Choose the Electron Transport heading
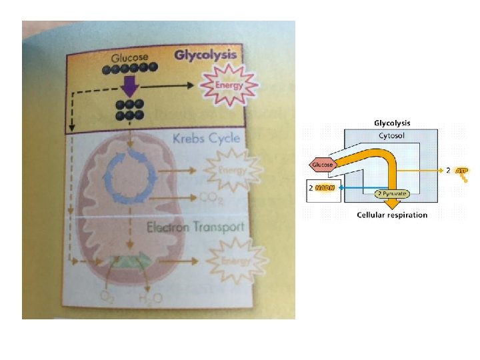coord(195,227)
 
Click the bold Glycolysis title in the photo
coord(205,55)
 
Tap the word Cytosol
coord(391,136)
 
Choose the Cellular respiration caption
coord(392,215)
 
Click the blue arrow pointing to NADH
coord(357,189)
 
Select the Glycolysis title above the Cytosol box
coord(392,123)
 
